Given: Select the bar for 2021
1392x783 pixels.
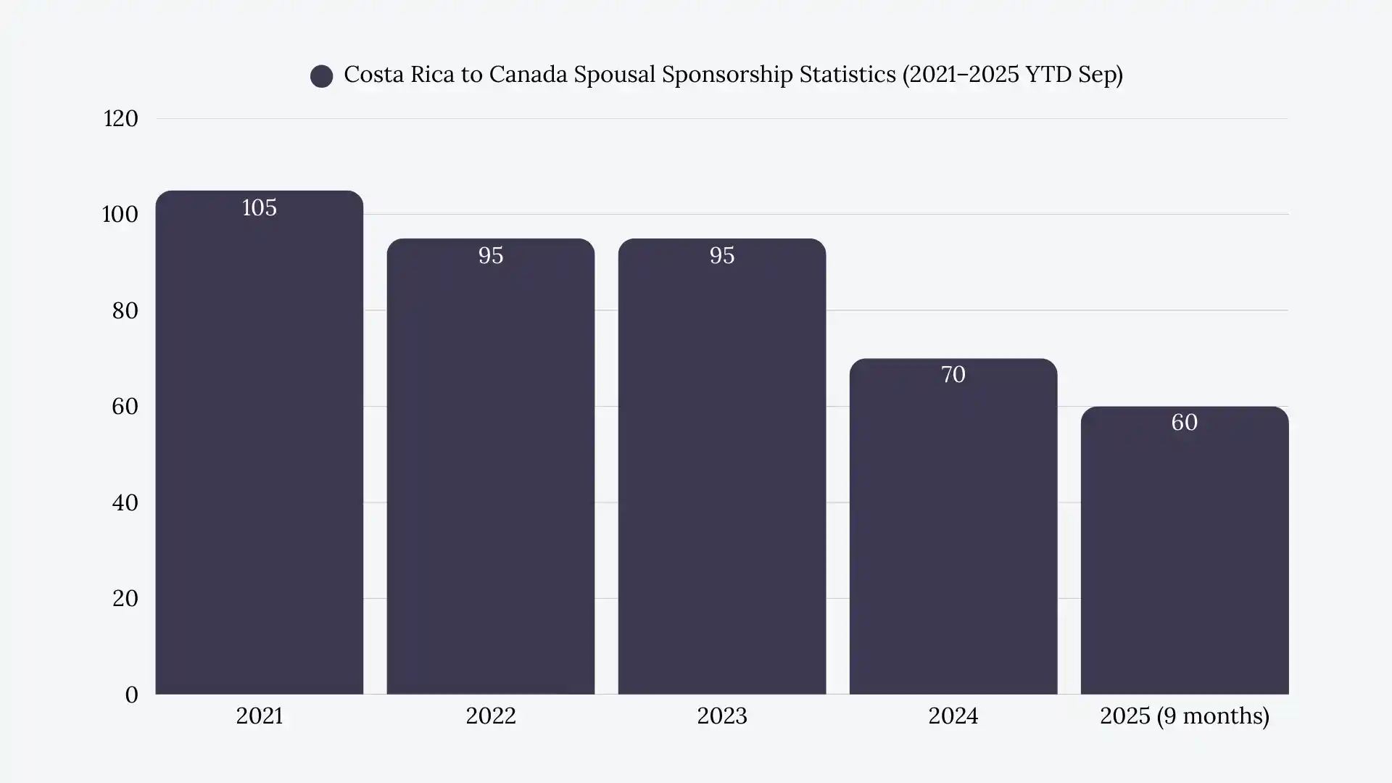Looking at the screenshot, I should (x=259, y=449).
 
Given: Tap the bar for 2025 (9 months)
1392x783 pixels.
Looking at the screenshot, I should (x=1184, y=558).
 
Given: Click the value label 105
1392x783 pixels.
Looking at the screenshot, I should (x=259, y=208).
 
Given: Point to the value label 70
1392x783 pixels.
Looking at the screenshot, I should (x=953, y=375).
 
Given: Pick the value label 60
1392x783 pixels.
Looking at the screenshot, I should (x=1184, y=423).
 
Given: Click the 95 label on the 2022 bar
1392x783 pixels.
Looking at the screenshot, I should (x=490, y=256).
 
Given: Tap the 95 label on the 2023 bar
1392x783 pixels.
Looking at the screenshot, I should (x=721, y=256).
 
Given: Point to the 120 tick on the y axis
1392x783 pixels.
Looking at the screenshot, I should (x=120, y=119).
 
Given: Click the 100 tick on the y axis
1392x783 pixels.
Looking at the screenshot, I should (x=120, y=215).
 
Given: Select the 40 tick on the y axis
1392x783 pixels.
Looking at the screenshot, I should (x=125, y=503).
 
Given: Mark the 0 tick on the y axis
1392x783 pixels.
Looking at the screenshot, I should (x=131, y=695).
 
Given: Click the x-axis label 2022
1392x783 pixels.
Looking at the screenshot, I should (x=490, y=716).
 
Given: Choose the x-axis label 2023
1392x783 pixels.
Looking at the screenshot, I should (x=721, y=716).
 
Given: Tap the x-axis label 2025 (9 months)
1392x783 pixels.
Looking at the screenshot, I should (x=1184, y=716).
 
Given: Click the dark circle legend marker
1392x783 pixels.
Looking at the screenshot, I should (x=321, y=76).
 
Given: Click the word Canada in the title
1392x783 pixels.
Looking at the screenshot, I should (x=528, y=75).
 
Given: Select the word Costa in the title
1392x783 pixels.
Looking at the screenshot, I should (x=373, y=75).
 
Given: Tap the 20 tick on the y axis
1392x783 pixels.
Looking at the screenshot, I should (x=125, y=599).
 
